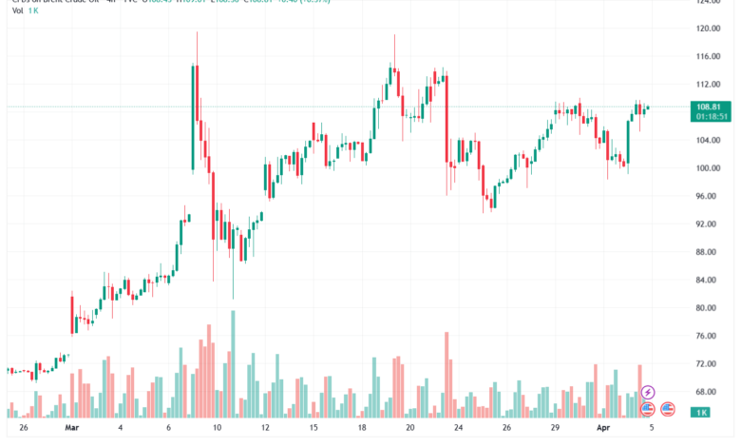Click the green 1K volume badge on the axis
tap(699, 412)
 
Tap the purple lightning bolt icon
tap(648, 392)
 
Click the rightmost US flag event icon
tap(668, 409)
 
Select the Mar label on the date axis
tap(71, 429)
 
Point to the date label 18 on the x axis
tap(362, 429)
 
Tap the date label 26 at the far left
tap(24, 429)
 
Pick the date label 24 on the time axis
tap(458, 429)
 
